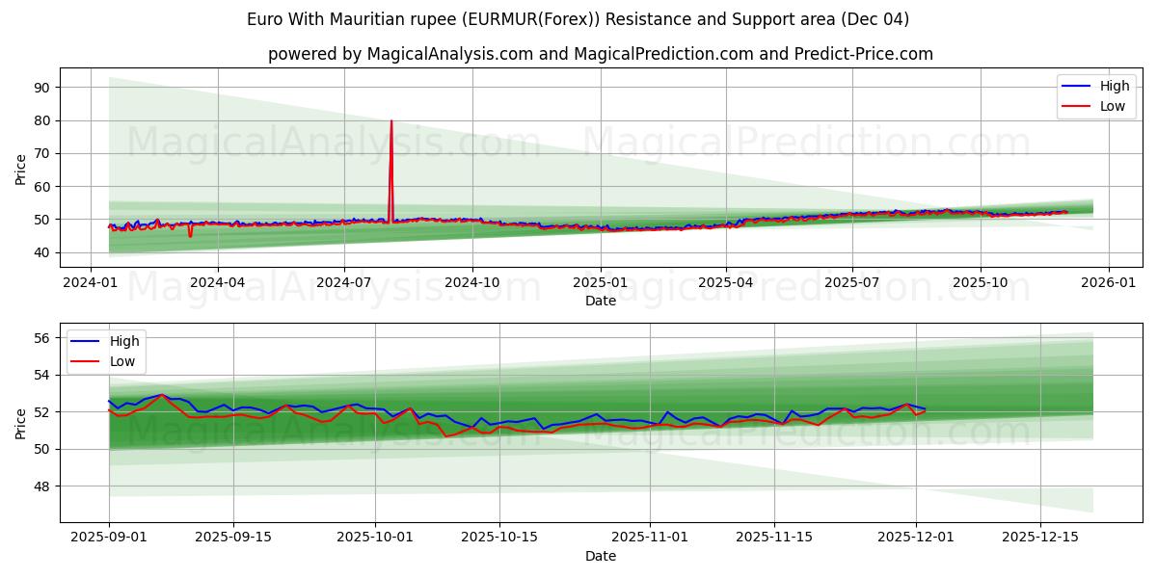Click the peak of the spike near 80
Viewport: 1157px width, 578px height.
tap(391, 120)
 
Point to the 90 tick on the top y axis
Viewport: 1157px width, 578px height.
tap(41, 88)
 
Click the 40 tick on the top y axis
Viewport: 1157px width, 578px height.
tap(41, 252)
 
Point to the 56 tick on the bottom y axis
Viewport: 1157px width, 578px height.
tap(41, 338)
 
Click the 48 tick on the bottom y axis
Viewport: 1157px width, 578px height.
tap(41, 486)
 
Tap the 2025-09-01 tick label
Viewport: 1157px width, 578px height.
tap(108, 538)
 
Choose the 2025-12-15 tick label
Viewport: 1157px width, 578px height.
tap(1040, 538)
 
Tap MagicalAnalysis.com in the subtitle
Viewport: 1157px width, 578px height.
tap(450, 54)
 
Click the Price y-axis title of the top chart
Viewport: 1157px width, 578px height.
tap(21, 168)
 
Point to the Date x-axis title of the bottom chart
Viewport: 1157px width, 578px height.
tap(600, 556)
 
